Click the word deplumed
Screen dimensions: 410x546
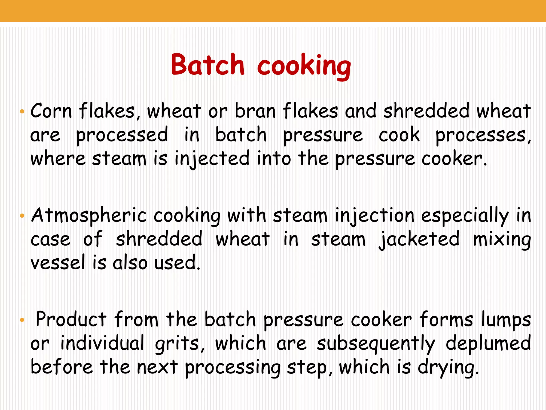pos(488,344)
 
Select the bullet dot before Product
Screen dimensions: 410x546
pos(22,320)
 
